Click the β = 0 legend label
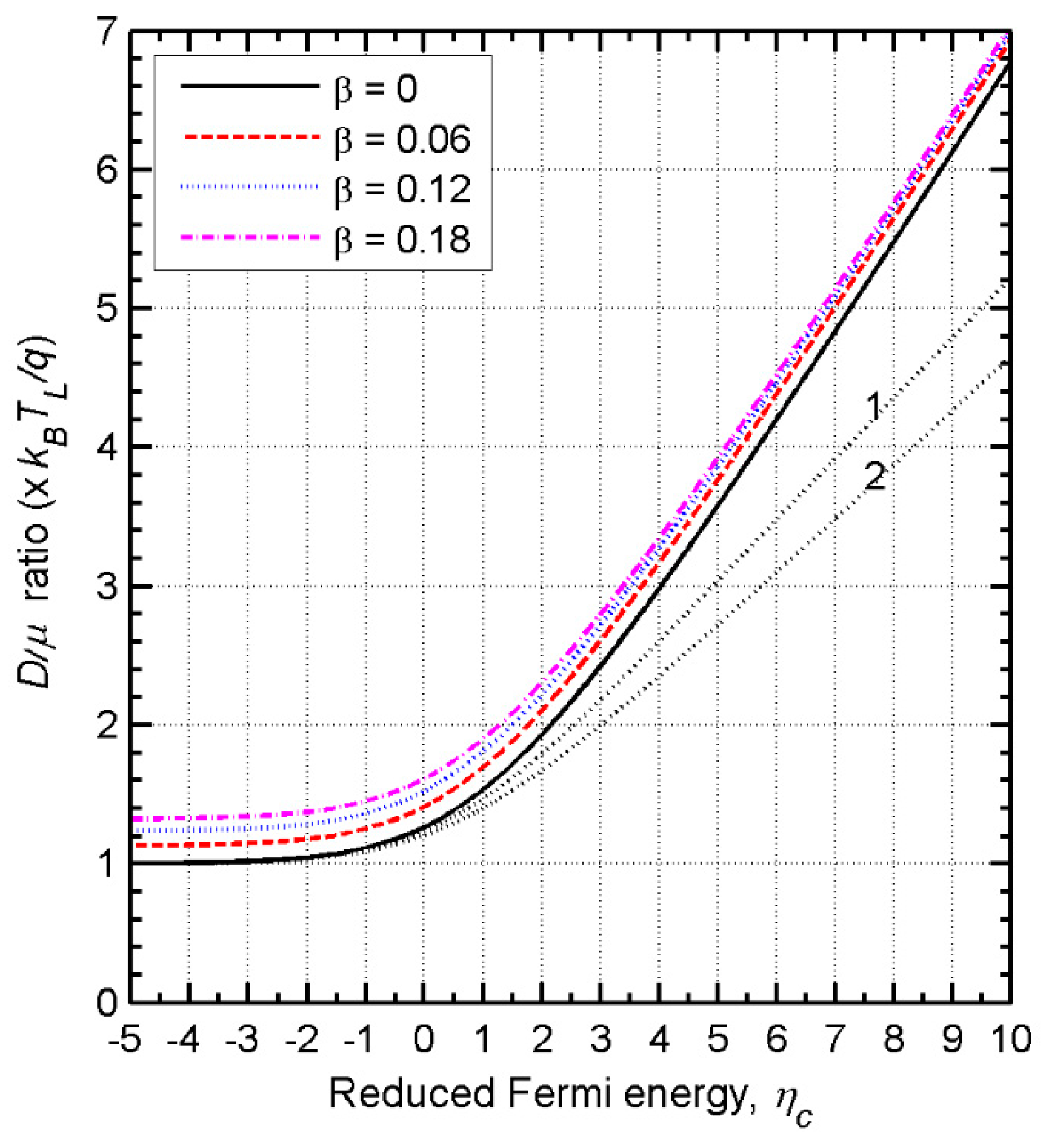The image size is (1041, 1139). [376, 89]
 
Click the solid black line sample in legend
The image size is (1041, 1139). [250, 86]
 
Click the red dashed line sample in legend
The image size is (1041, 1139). [250, 136]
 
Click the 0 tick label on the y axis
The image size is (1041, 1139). [107, 1002]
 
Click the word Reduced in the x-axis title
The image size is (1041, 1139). [412, 1094]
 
